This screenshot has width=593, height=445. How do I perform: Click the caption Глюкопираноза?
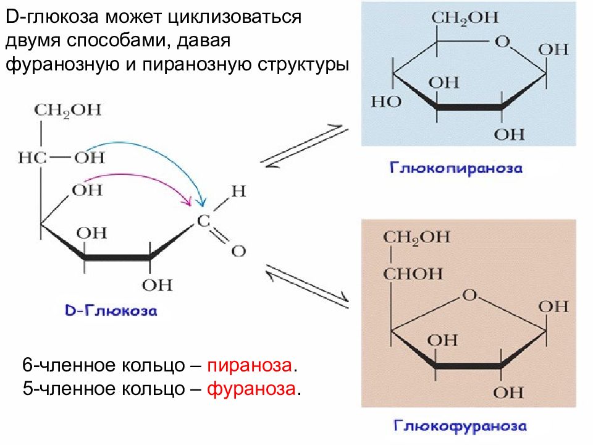(456, 168)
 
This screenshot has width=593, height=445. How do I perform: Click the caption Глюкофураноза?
(460, 426)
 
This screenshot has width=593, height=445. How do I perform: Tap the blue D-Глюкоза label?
(111, 311)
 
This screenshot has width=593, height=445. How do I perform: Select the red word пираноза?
(250, 365)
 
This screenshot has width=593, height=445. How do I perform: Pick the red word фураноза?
(251, 389)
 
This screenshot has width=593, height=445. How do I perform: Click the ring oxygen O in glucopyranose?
(503, 41)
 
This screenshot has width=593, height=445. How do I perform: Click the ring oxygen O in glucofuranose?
(469, 295)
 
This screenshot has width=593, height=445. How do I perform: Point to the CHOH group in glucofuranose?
(413, 274)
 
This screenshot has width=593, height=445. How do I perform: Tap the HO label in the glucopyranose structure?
(386, 101)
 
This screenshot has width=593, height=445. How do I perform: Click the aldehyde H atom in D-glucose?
(238, 191)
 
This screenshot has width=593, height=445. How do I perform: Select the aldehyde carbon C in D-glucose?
(204, 221)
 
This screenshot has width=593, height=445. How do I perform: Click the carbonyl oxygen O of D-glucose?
(238, 251)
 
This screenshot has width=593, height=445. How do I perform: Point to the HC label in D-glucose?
(32, 158)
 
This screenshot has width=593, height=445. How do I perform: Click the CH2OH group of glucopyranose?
(465, 18)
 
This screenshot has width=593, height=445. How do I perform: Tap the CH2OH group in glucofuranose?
(417, 238)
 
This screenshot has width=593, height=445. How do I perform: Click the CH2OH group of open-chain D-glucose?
(68, 111)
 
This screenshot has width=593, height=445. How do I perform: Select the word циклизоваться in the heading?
(235, 17)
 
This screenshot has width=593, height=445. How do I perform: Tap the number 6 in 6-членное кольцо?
(27, 365)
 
